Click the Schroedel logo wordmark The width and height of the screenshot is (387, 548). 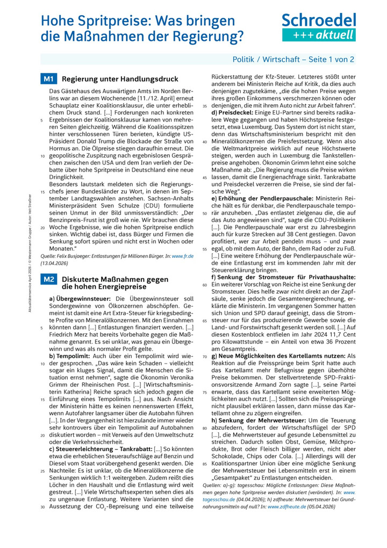pyautogui.click(x=319, y=20)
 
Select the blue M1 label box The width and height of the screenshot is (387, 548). pyautogui.click(x=49, y=80)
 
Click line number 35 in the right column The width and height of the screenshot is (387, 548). pyautogui.click(x=205, y=106)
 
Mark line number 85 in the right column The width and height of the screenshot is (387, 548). pyautogui.click(x=205, y=463)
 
